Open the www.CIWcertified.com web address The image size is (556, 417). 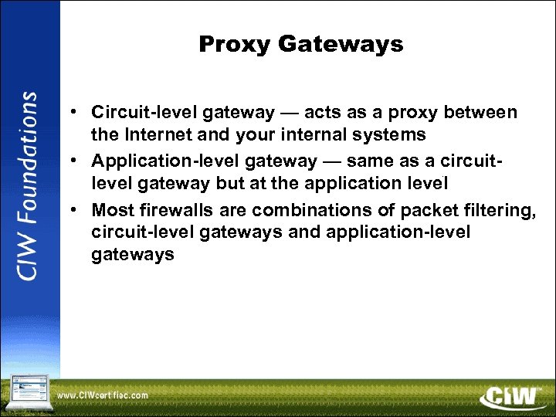click(103, 395)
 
